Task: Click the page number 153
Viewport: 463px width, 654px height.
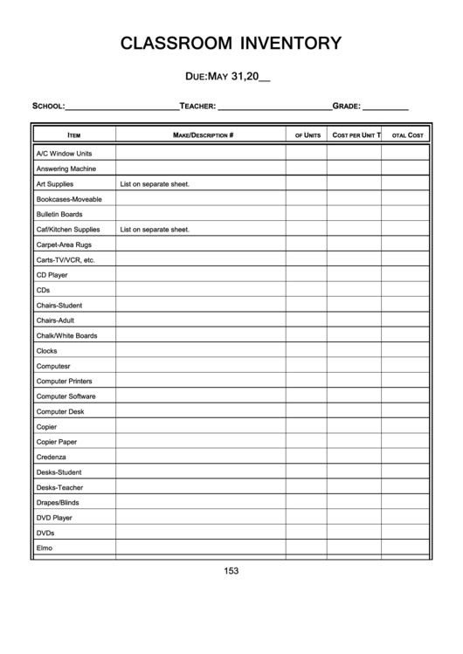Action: pyautogui.click(x=231, y=571)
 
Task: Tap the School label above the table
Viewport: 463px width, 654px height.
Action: pyautogui.click(x=48, y=106)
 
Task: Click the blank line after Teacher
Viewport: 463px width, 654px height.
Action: pyautogui.click(x=273, y=107)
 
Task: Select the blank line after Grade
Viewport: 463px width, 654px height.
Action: pyautogui.click(x=385, y=107)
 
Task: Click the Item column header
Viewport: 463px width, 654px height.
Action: pyautogui.click(x=74, y=135)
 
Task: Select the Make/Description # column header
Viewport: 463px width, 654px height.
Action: pyautogui.click(x=203, y=135)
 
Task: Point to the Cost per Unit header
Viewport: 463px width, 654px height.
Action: pyautogui.click(x=354, y=135)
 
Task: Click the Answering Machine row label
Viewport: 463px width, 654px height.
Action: pyautogui.click(x=66, y=169)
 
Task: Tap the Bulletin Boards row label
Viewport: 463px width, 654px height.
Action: pyautogui.click(x=59, y=214)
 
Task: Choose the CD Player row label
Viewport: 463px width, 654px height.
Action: pyautogui.click(x=52, y=274)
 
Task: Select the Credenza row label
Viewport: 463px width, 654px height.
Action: pyautogui.click(x=51, y=457)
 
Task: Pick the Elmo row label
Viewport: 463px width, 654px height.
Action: pyautogui.click(x=45, y=547)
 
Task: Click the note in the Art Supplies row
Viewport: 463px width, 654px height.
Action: pyautogui.click(x=155, y=184)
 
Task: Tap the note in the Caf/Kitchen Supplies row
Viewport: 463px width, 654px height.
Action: pyautogui.click(x=155, y=230)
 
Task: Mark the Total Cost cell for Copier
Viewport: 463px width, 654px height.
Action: pyautogui.click(x=405, y=427)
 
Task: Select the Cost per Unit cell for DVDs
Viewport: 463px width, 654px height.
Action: pyautogui.click(x=354, y=533)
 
